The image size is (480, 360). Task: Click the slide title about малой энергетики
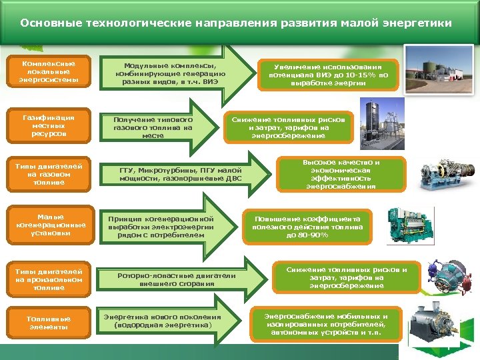point(236,23)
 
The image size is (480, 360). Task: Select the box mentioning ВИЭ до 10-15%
point(327,75)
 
